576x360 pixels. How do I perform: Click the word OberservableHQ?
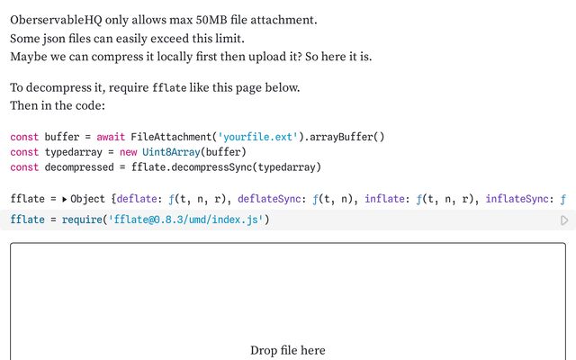(56, 20)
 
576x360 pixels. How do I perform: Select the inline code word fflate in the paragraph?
(169, 88)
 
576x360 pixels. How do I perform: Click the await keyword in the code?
(111, 137)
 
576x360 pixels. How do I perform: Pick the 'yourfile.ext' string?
(257, 137)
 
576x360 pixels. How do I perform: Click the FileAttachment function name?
(171, 137)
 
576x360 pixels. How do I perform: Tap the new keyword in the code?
(128, 152)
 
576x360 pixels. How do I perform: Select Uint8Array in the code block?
(171, 152)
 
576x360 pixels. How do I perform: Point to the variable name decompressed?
(79, 167)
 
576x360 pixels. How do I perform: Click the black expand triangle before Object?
(64, 199)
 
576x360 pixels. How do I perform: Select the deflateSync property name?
(269, 199)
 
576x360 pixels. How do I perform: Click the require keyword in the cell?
(82, 220)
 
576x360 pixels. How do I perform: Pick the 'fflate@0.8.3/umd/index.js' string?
(186, 220)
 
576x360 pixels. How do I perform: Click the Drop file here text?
(288, 350)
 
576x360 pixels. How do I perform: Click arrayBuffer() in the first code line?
(346, 137)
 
